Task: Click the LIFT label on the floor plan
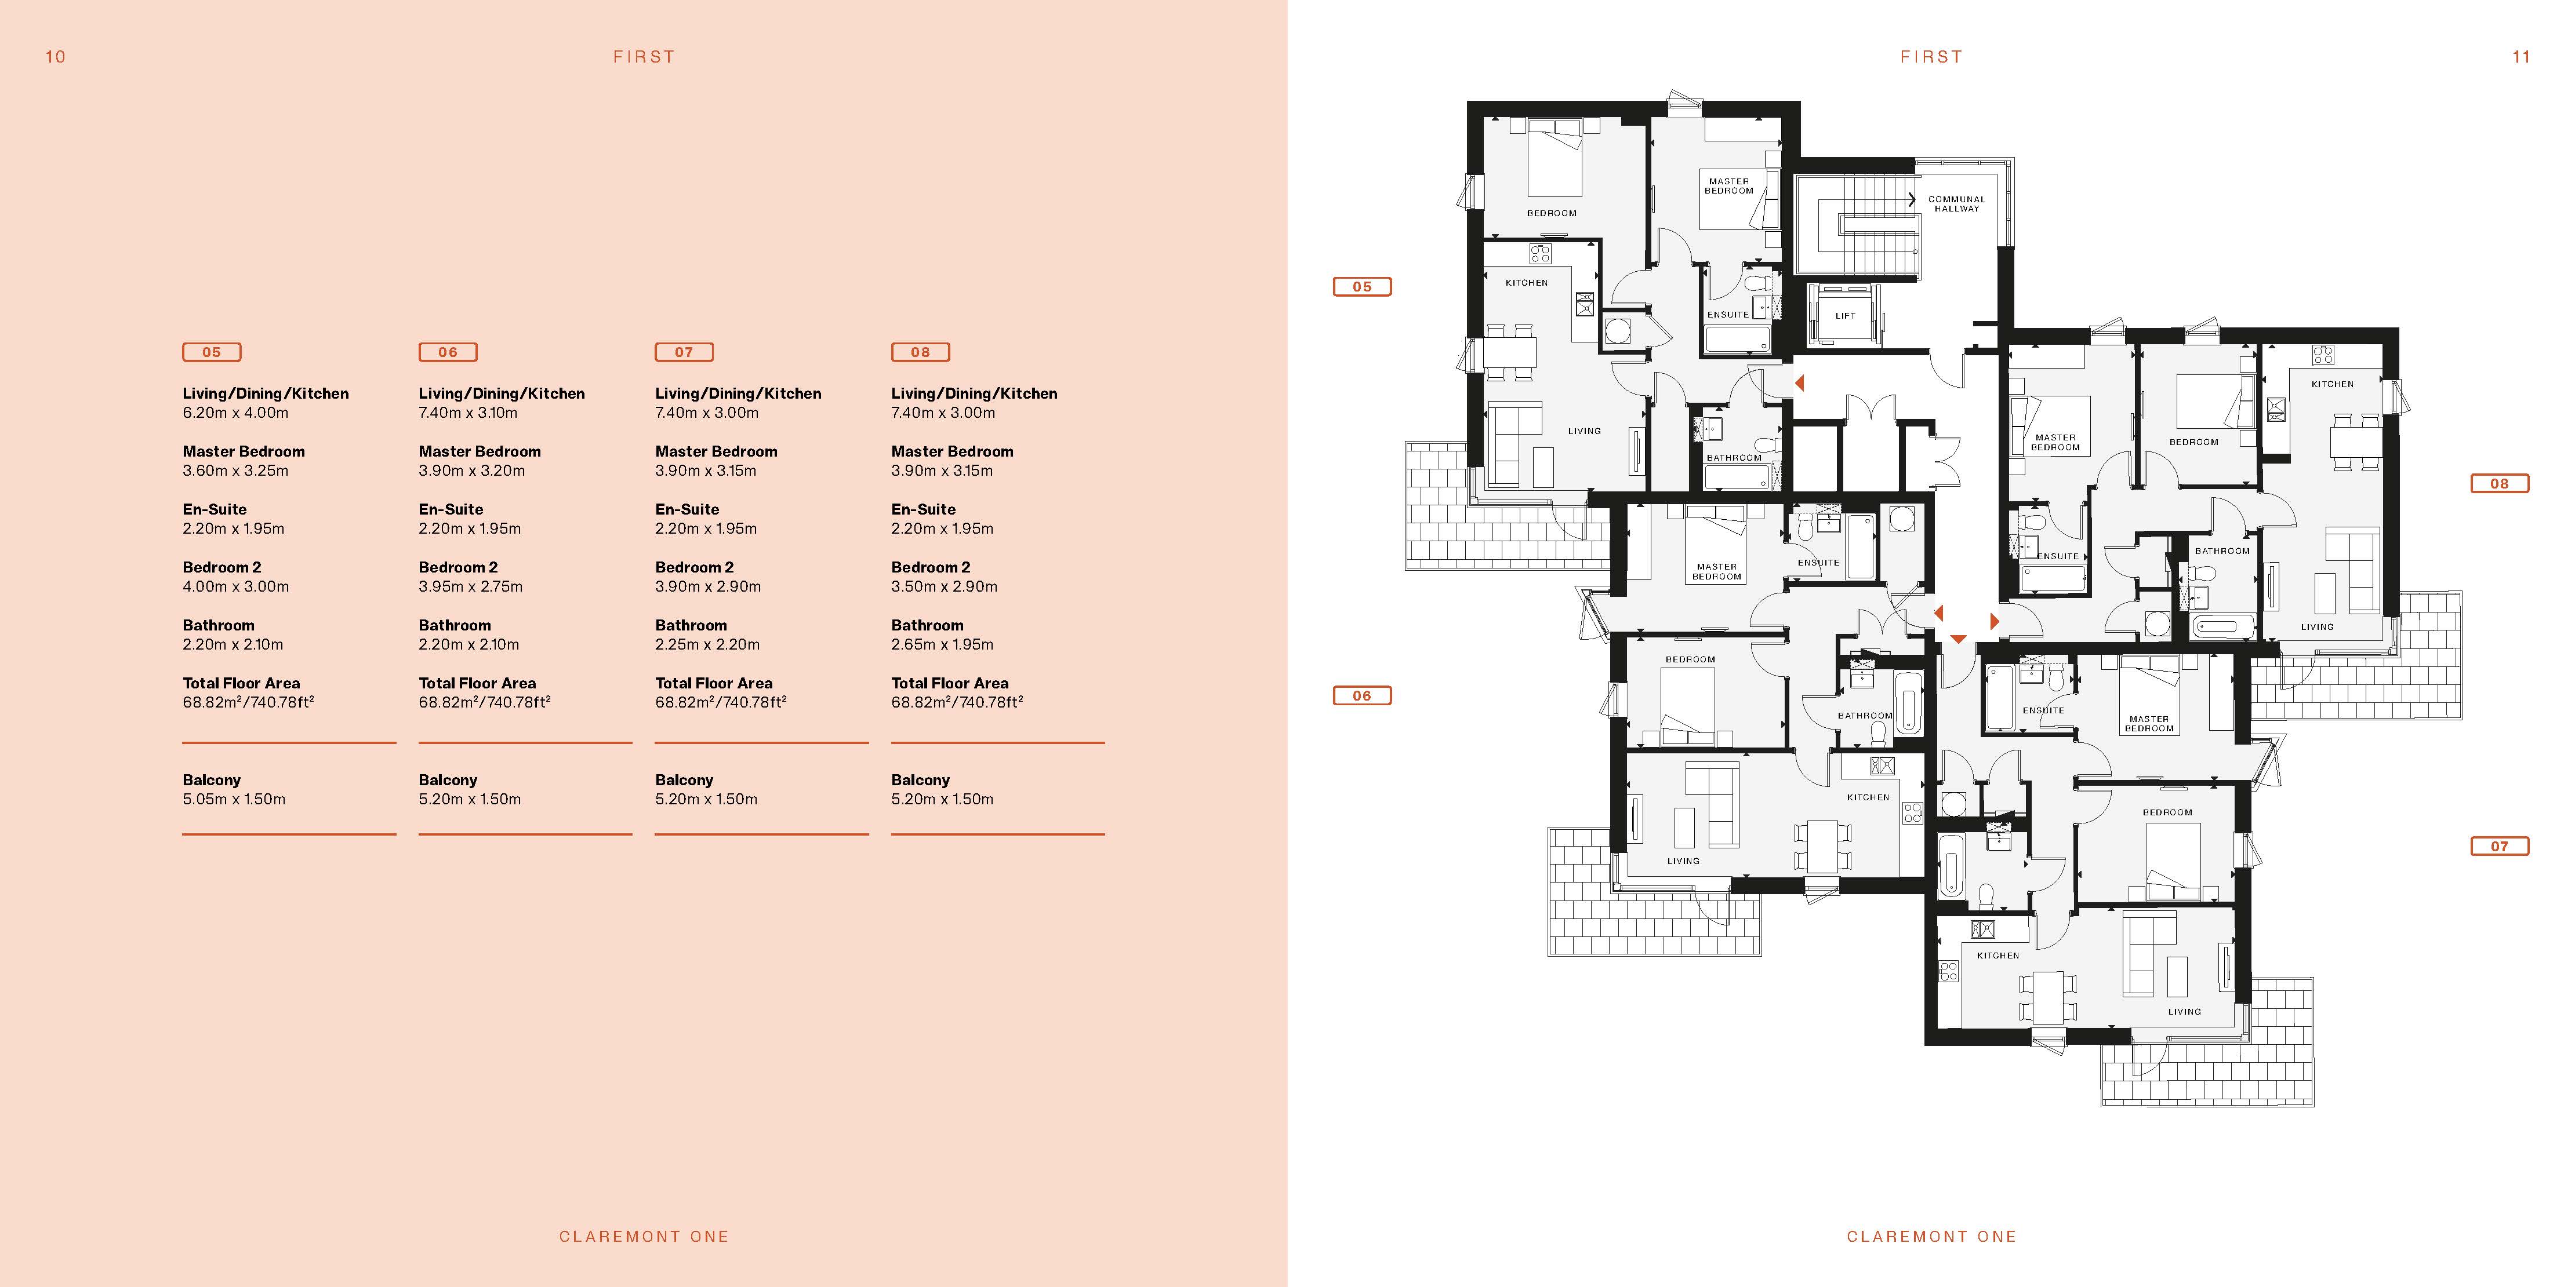click(1845, 316)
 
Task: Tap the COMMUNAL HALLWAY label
click(1956, 204)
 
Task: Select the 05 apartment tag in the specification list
click(212, 352)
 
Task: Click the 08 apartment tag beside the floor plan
click(2499, 484)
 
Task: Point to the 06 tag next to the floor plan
click(1361, 695)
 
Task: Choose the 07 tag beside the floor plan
click(2499, 847)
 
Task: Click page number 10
click(55, 57)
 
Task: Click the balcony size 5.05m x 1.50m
click(234, 800)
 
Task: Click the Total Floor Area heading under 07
click(714, 683)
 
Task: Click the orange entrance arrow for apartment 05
click(1799, 382)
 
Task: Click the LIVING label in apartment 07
click(2184, 1011)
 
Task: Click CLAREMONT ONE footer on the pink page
click(644, 1237)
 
